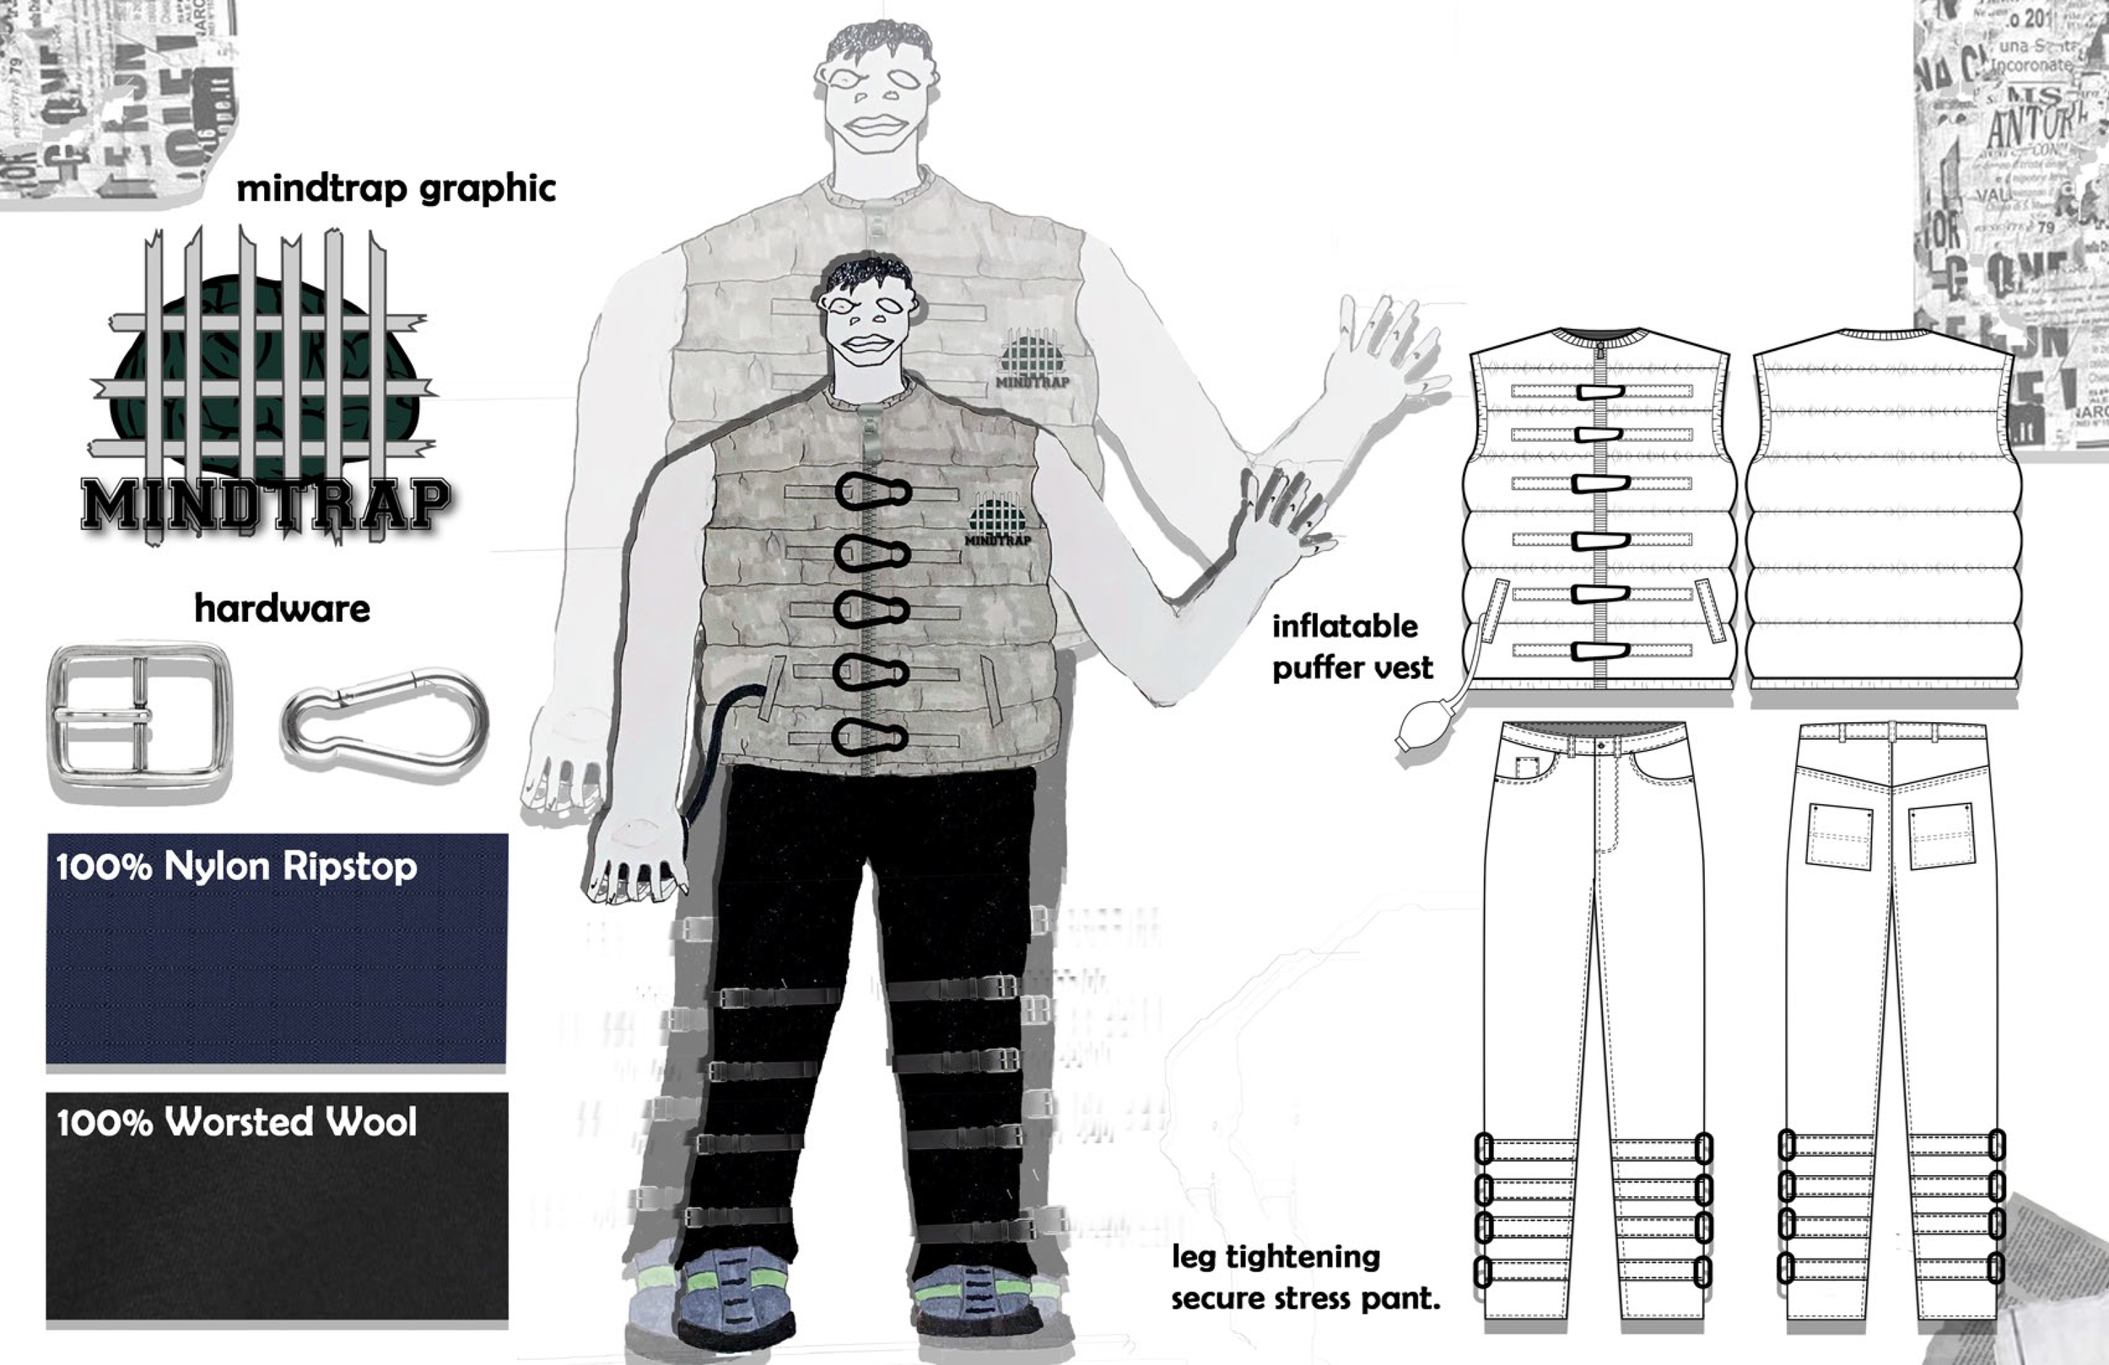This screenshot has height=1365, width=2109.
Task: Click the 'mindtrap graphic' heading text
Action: [x=396, y=189]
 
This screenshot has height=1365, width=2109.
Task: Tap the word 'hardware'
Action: [x=282, y=609]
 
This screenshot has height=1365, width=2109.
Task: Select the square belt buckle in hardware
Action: [x=139, y=722]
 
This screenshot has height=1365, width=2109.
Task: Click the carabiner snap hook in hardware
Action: [x=386, y=719]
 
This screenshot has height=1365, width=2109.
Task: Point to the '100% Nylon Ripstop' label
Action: [x=235, y=866]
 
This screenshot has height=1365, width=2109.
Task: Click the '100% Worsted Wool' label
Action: [x=235, y=1122]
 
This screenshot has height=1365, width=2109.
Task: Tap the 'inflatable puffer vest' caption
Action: [x=1351, y=647]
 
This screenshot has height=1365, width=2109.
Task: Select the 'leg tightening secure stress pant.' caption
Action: [x=1304, y=1277]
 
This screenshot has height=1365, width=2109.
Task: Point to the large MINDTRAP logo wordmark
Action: [x=264, y=505]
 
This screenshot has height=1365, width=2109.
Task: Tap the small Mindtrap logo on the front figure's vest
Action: [x=999, y=521]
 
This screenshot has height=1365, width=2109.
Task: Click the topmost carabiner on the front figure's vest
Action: [x=872, y=492]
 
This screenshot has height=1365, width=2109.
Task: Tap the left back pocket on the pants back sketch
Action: [x=1840, y=836]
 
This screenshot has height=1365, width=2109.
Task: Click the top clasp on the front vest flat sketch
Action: [x=1599, y=391]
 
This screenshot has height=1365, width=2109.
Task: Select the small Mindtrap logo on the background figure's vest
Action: [x=1033, y=359]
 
